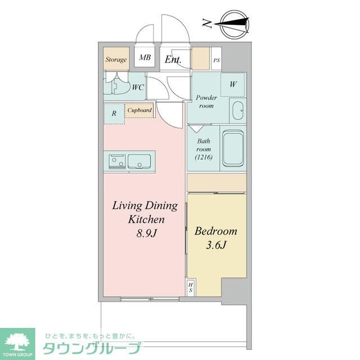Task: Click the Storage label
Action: [116, 58]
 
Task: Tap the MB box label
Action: [145, 58]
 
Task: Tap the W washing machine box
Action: [233, 84]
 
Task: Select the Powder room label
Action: [206, 101]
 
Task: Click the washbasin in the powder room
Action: [237, 110]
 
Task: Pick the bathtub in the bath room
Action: [232, 148]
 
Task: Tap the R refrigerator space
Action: [114, 113]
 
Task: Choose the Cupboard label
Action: [139, 110]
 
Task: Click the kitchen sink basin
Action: [138, 161]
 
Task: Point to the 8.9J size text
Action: [145, 233]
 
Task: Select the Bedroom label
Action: [215, 231]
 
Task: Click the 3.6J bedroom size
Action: [216, 245]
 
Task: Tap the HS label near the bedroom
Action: [191, 287]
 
